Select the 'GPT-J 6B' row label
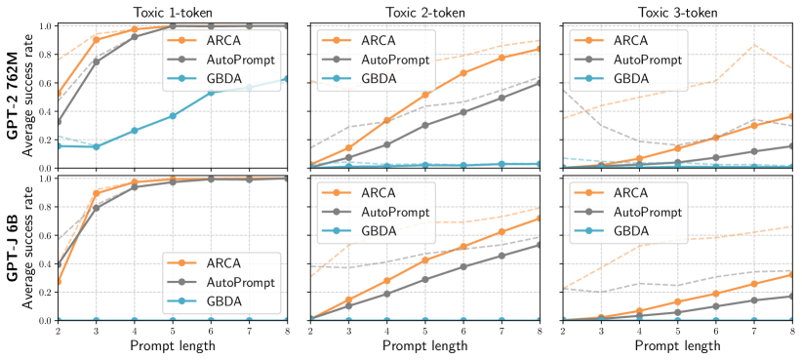[11, 248]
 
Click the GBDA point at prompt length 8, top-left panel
[286, 78]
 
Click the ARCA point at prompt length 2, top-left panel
[58, 95]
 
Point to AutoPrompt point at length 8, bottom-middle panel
[539, 245]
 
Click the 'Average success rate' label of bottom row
[32, 248]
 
